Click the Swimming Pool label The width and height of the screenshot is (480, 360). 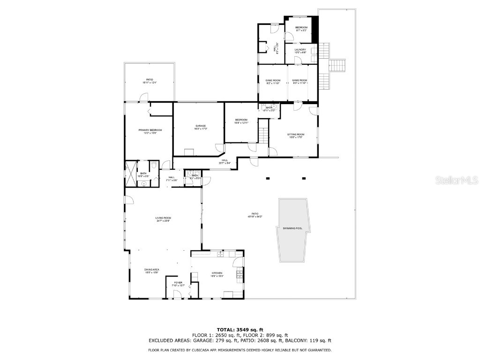pos(292,228)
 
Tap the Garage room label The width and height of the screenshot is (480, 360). pos(201,126)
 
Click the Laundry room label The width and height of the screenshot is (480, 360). pos(300,50)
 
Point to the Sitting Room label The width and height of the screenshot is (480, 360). pos(295,135)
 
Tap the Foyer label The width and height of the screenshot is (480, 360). pos(178,283)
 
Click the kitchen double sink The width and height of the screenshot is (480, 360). pos(220,254)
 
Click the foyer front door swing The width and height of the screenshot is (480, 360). pos(178,294)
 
